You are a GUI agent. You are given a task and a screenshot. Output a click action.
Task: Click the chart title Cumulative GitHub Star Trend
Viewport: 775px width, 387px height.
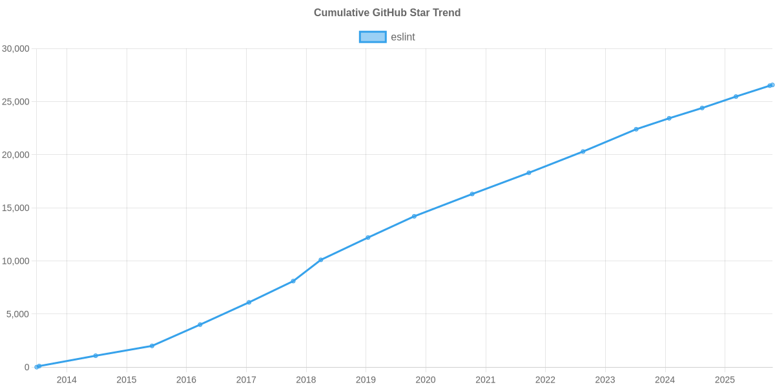(x=387, y=13)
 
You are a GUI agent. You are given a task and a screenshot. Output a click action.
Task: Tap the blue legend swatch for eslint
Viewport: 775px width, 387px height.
(x=372, y=37)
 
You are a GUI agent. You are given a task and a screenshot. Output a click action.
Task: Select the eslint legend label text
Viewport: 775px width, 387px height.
(x=403, y=37)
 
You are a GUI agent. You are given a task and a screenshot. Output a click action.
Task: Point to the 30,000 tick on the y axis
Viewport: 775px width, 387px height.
(x=17, y=49)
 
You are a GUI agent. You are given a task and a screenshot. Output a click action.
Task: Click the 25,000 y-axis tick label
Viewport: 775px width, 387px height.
(x=17, y=102)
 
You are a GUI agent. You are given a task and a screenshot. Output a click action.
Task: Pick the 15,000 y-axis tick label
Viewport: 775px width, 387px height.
(x=17, y=208)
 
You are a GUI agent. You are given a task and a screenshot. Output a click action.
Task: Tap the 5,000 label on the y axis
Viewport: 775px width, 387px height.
(x=19, y=314)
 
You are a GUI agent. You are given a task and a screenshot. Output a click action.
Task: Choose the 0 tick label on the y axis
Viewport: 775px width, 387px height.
(x=27, y=368)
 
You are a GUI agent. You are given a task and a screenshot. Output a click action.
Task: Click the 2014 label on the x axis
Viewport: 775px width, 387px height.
(x=67, y=380)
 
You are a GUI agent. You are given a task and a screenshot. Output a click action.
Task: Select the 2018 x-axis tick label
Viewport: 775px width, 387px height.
(x=306, y=380)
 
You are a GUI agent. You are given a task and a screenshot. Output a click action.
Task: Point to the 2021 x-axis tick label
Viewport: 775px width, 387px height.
(x=486, y=380)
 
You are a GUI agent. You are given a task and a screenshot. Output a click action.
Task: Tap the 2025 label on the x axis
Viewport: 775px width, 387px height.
(x=725, y=380)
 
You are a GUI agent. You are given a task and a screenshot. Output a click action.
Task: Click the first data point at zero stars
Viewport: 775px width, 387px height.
(x=37, y=367)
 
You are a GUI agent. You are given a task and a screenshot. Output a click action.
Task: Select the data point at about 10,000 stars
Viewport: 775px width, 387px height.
(x=320, y=260)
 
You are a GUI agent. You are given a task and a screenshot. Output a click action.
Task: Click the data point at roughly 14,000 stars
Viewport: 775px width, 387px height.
(x=414, y=216)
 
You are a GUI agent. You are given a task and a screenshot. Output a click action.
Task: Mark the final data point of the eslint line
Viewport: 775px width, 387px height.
(x=771, y=85)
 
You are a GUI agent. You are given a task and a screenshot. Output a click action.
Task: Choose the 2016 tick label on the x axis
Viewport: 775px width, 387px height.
(x=186, y=380)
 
